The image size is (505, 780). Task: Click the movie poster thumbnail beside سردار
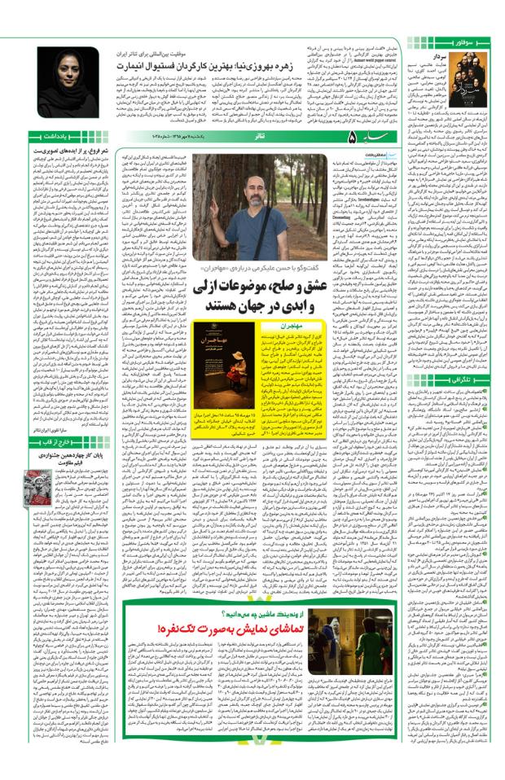469,82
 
